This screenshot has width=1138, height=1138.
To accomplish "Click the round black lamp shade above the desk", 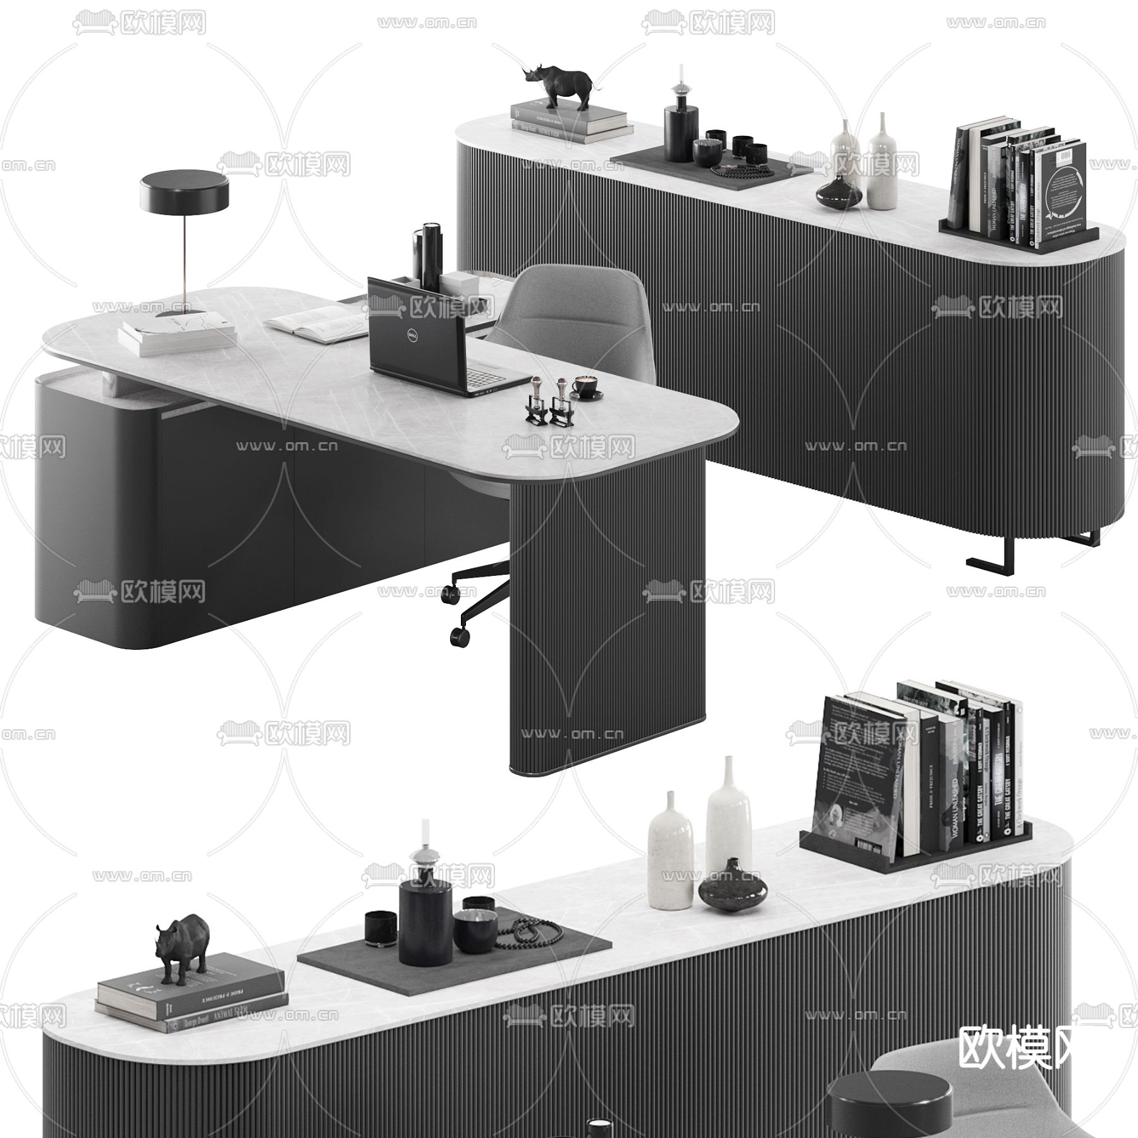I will [185, 193].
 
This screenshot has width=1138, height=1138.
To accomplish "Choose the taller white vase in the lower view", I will [728, 816].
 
